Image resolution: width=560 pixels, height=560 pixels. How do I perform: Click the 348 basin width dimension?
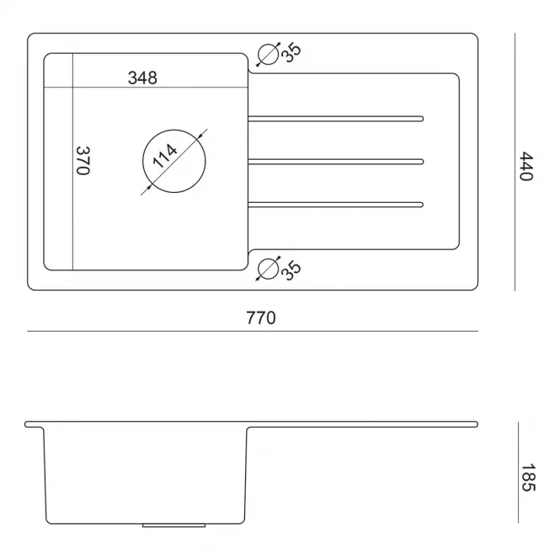click(142, 77)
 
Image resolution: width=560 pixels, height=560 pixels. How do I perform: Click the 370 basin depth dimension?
click(83, 160)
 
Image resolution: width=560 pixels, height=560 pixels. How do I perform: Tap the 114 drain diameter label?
click(165, 155)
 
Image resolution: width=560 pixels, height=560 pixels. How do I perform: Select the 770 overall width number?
click(261, 317)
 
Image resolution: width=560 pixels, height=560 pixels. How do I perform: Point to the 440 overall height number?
click(525, 166)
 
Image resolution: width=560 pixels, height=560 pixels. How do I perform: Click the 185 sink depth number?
click(528, 477)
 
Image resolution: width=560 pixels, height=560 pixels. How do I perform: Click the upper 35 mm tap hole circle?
click(268, 55)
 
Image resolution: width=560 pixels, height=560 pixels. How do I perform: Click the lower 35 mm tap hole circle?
click(268, 269)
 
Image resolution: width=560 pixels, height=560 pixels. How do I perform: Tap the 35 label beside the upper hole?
click(291, 53)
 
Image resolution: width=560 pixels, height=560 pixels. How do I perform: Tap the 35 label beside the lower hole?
click(291, 270)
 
